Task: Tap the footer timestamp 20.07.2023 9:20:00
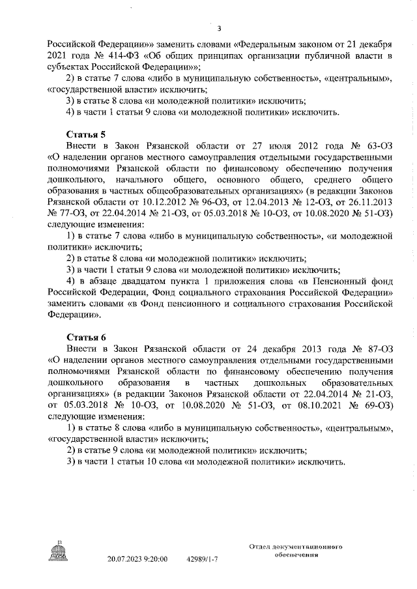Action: [x=137, y=559]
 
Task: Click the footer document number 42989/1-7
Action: [x=202, y=559]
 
